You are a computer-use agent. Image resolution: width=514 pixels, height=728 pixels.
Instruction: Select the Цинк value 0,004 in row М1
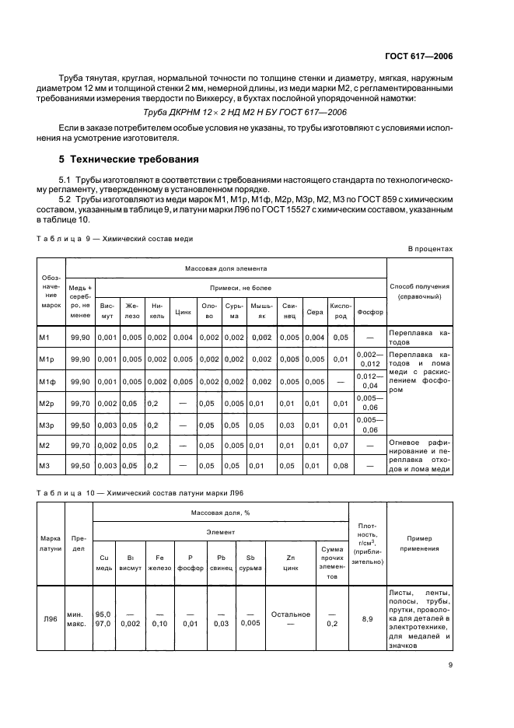[x=184, y=337]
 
